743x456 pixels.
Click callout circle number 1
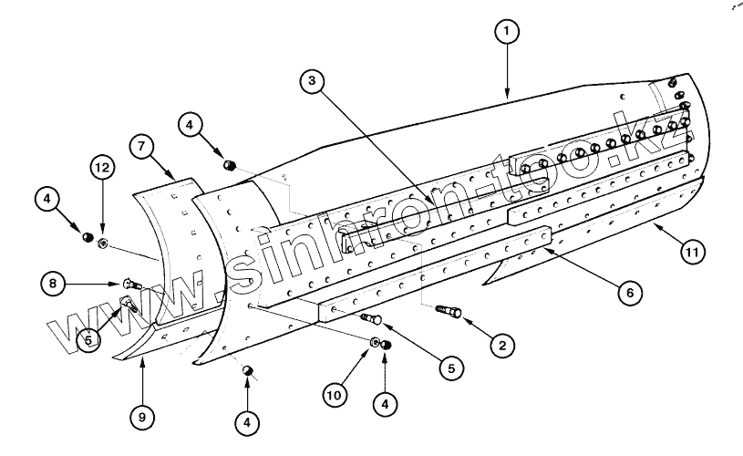point(507,32)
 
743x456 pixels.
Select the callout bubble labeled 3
point(313,81)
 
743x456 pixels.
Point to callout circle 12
point(102,168)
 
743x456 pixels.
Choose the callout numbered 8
point(52,284)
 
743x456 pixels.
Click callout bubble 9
point(140,417)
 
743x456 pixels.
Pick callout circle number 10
point(334,396)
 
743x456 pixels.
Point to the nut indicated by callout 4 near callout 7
point(230,164)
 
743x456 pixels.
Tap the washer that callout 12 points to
point(102,243)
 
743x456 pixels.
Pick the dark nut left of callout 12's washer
point(88,238)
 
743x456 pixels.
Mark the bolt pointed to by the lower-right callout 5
point(371,319)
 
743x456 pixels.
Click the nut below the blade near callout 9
point(247,369)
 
